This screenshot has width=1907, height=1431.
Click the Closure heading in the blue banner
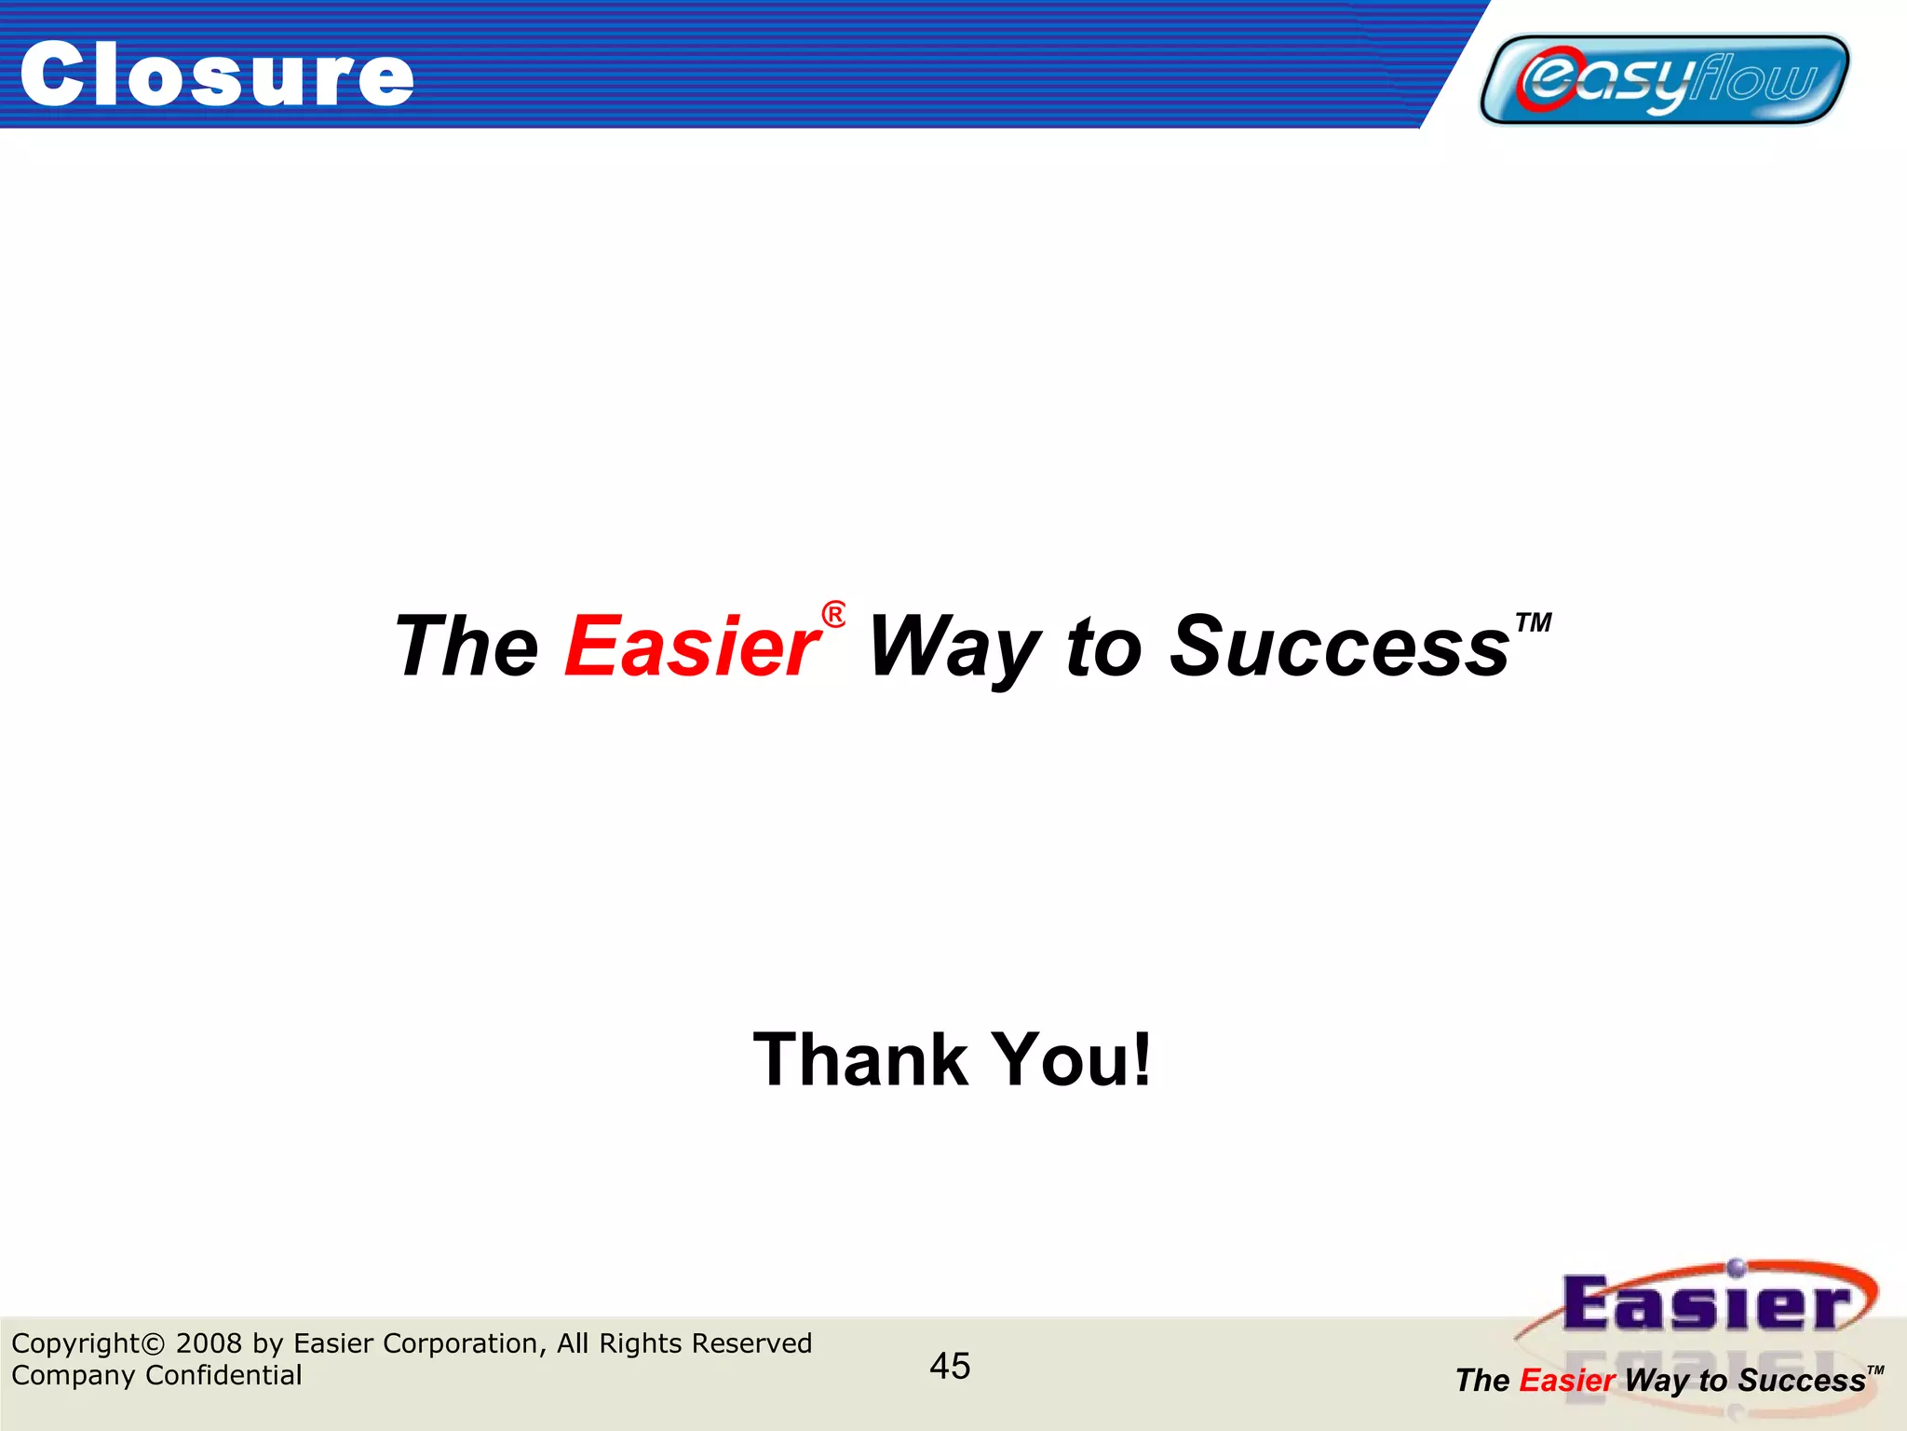click(216, 75)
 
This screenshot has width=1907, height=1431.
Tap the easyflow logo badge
click(1664, 79)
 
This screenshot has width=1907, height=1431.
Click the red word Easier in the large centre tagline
click(692, 647)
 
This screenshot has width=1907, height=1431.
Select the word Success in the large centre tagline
click(1338, 647)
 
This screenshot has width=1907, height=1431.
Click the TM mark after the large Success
click(1533, 622)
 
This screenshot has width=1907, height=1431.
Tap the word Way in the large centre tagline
click(953, 647)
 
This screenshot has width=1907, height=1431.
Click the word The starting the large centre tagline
click(467, 647)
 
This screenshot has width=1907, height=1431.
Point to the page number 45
click(950, 1366)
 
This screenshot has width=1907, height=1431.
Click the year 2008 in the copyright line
click(209, 1343)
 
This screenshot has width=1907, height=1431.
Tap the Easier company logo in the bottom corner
click(1704, 1304)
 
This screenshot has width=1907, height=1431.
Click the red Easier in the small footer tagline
click(1566, 1381)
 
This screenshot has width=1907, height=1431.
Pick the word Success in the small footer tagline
click(1801, 1381)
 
